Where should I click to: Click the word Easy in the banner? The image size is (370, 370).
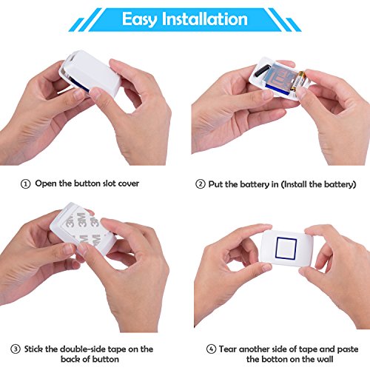140,19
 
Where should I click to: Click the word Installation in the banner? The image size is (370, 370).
204,18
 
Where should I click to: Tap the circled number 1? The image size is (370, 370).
25,184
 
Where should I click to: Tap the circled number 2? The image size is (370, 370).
201,184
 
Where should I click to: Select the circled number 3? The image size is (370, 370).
16,349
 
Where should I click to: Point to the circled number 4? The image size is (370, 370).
211,349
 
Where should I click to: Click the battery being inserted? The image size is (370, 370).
298,81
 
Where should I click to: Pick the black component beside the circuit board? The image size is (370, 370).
262,70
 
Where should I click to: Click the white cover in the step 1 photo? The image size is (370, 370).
90,72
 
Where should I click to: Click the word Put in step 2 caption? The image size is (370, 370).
216,184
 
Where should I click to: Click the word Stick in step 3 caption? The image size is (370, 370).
34,349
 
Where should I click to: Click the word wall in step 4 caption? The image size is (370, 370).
324,359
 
